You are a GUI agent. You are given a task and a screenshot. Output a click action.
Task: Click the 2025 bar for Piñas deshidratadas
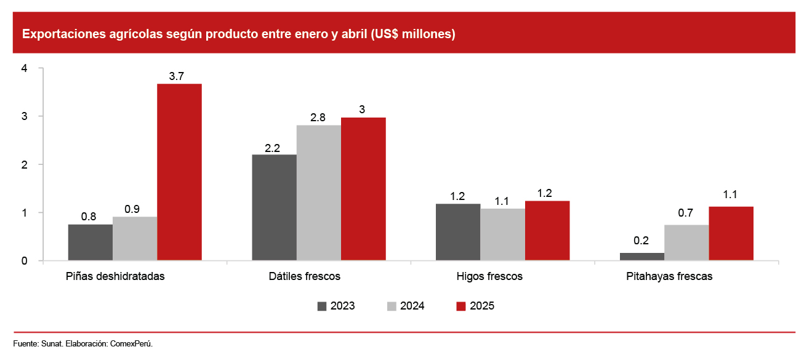pos(179,172)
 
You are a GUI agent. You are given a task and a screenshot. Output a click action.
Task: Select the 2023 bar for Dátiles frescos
pos(274,207)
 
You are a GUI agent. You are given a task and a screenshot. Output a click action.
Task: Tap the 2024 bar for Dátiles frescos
pos(318,193)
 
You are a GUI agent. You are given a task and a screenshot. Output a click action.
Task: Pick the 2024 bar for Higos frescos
pos(502,234)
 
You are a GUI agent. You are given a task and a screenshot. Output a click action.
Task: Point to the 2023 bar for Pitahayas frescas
pos(641,257)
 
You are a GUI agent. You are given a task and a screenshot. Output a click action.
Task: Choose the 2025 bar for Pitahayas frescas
pos(731,233)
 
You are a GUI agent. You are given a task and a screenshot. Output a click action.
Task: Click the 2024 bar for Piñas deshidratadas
pos(135,239)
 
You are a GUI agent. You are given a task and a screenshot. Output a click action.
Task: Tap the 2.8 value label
pos(318,117)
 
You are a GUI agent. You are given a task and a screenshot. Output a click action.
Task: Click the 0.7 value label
pos(686,213)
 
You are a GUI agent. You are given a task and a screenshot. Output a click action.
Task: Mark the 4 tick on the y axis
pos(24,68)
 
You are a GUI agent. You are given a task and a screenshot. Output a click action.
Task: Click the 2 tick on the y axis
pos(24,164)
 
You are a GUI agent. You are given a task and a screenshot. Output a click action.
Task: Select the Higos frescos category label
pos(489,276)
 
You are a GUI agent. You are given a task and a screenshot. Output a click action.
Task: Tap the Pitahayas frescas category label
pos(669,276)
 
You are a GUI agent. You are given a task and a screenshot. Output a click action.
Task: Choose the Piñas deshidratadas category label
pos(115,276)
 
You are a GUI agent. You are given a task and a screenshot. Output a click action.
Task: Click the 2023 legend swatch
pos(322,306)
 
